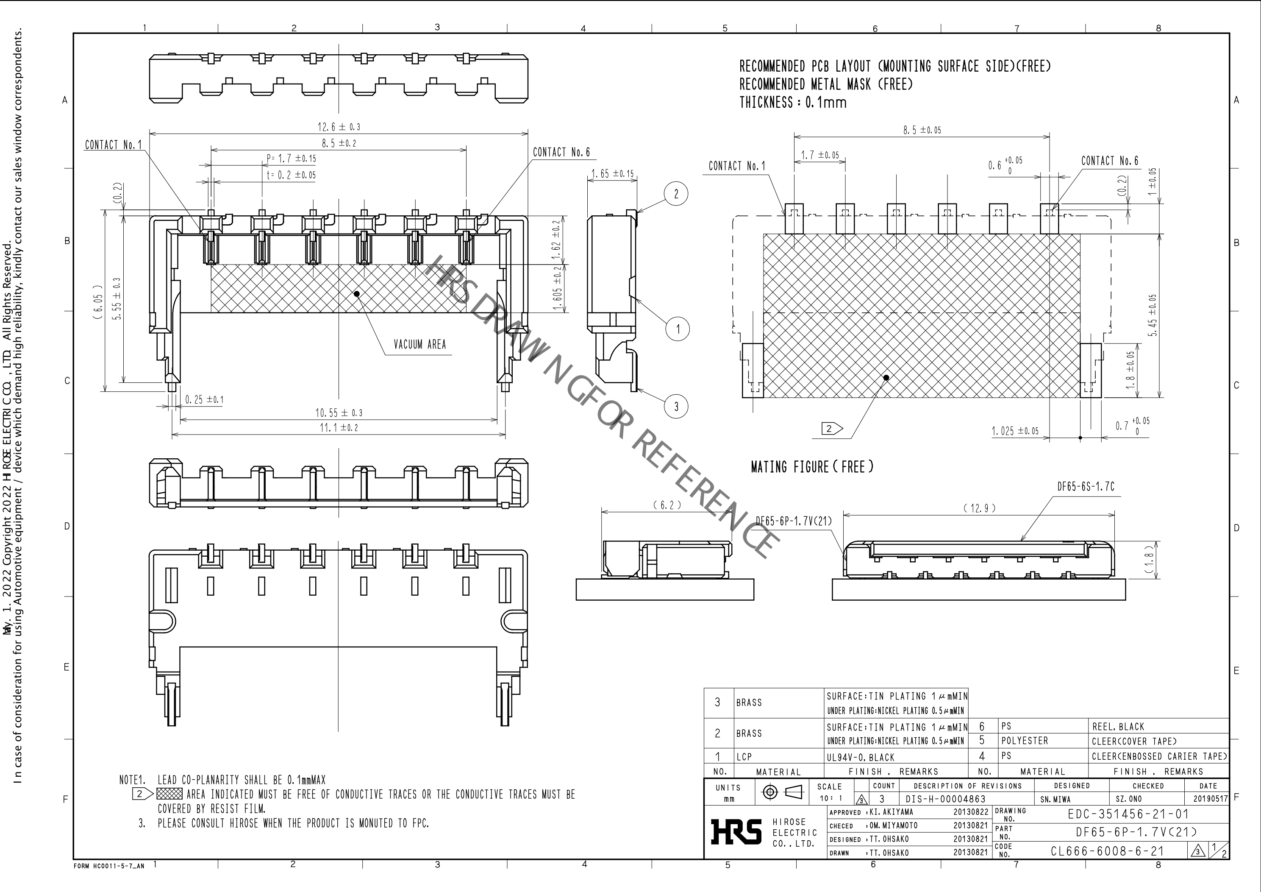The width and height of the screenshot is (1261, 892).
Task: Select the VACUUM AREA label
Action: [419, 345]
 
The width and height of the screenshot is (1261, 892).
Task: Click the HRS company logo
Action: [736, 831]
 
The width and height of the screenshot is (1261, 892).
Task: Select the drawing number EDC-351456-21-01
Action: [1128, 814]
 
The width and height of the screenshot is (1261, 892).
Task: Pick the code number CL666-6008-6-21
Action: [1107, 851]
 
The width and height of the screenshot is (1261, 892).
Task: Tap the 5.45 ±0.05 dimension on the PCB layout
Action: [1152, 315]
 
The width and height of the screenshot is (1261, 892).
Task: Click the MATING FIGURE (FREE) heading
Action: [812, 467]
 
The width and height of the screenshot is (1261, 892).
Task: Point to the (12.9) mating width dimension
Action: [980, 508]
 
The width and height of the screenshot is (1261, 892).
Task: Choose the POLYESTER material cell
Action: [1024, 741]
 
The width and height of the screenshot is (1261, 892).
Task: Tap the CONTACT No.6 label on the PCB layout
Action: [1109, 161]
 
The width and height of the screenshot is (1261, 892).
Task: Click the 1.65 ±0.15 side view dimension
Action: [612, 174]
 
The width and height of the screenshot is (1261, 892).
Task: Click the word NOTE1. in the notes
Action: [132, 780]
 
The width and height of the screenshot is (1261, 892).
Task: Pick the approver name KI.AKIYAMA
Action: [892, 812]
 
